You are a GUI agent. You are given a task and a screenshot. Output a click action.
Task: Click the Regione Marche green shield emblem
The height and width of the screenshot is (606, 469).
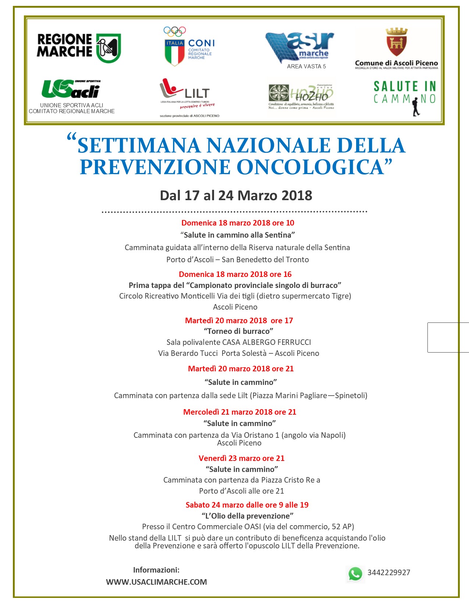(x=109, y=48)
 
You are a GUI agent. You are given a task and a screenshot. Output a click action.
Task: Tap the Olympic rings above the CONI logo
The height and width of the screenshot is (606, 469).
(x=175, y=31)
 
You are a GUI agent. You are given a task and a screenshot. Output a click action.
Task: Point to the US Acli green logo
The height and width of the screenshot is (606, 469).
(x=71, y=89)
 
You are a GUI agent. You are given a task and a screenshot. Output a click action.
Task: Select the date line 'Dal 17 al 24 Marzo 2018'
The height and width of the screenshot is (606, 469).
(x=236, y=195)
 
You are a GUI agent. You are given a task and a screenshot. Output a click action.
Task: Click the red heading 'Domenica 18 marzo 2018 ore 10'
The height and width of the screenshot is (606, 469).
(x=238, y=223)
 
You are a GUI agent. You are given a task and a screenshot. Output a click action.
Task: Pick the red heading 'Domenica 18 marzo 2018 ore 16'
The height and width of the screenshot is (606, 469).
(x=235, y=274)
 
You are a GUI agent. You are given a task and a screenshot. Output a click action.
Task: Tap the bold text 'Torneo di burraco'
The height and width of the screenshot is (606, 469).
(x=238, y=331)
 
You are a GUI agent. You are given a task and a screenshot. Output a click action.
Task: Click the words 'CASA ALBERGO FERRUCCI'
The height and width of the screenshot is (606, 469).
(x=267, y=342)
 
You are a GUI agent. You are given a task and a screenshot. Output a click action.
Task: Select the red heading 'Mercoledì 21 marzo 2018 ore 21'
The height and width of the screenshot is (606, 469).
(x=239, y=412)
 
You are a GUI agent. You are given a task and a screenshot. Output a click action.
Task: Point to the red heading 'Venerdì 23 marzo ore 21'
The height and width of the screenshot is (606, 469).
(x=241, y=458)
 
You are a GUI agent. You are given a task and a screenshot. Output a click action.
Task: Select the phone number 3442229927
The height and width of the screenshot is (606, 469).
(x=388, y=573)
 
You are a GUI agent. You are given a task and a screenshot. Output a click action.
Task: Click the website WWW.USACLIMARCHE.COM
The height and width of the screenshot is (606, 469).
(x=156, y=582)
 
